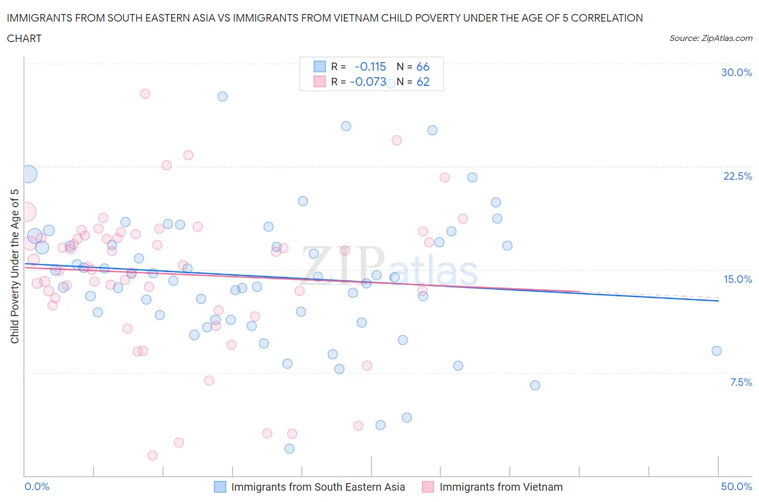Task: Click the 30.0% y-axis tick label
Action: [736, 72]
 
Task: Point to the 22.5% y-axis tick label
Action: [737, 176]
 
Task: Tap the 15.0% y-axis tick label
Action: [737, 279]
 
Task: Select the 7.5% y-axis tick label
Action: [741, 382]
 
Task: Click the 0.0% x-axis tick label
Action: [37, 486]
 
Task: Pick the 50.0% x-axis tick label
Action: [736, 486]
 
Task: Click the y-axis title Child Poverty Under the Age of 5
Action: [15, 266]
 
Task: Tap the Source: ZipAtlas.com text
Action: [710, 38]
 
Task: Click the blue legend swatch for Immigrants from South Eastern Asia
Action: [220, 487]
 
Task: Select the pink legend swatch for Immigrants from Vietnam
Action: [428, 487]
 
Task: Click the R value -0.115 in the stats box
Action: [370, 67]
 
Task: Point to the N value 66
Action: [423, 67]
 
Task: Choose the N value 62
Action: [423, 82]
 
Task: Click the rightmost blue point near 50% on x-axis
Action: [716, 351]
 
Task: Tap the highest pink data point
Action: [145, 93]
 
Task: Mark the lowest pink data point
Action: [152, 456]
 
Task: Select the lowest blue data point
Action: [289, 449]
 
